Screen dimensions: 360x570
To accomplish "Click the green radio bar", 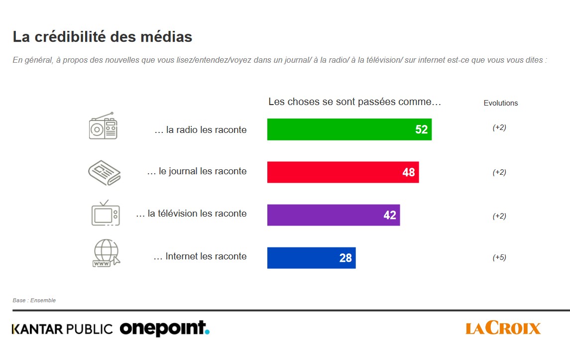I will tap(343, 129).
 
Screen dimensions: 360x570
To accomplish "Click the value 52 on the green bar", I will tap(421, 129).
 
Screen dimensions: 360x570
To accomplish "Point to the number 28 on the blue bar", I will tap(345, 258).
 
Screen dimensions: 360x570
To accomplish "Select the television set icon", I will tap(106, 213).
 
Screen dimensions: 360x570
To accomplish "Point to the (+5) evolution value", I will tap(499, 257).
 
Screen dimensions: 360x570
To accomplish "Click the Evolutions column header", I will tap(501, 103).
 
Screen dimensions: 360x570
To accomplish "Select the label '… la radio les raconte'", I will tap(201, 130).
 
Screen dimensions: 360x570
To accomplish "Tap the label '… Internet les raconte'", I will tap(200, 256).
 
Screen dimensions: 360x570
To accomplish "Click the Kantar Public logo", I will tap(63, 329).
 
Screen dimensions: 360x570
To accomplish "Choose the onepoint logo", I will tap(164, 328).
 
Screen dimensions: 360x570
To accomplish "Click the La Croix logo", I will tap(503, 328).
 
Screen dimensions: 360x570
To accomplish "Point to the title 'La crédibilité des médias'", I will tap(103, 37).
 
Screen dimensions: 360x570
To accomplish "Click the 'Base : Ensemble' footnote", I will tap(34, 300).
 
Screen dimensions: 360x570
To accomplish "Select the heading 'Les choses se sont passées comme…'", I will tap(355, 102).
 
